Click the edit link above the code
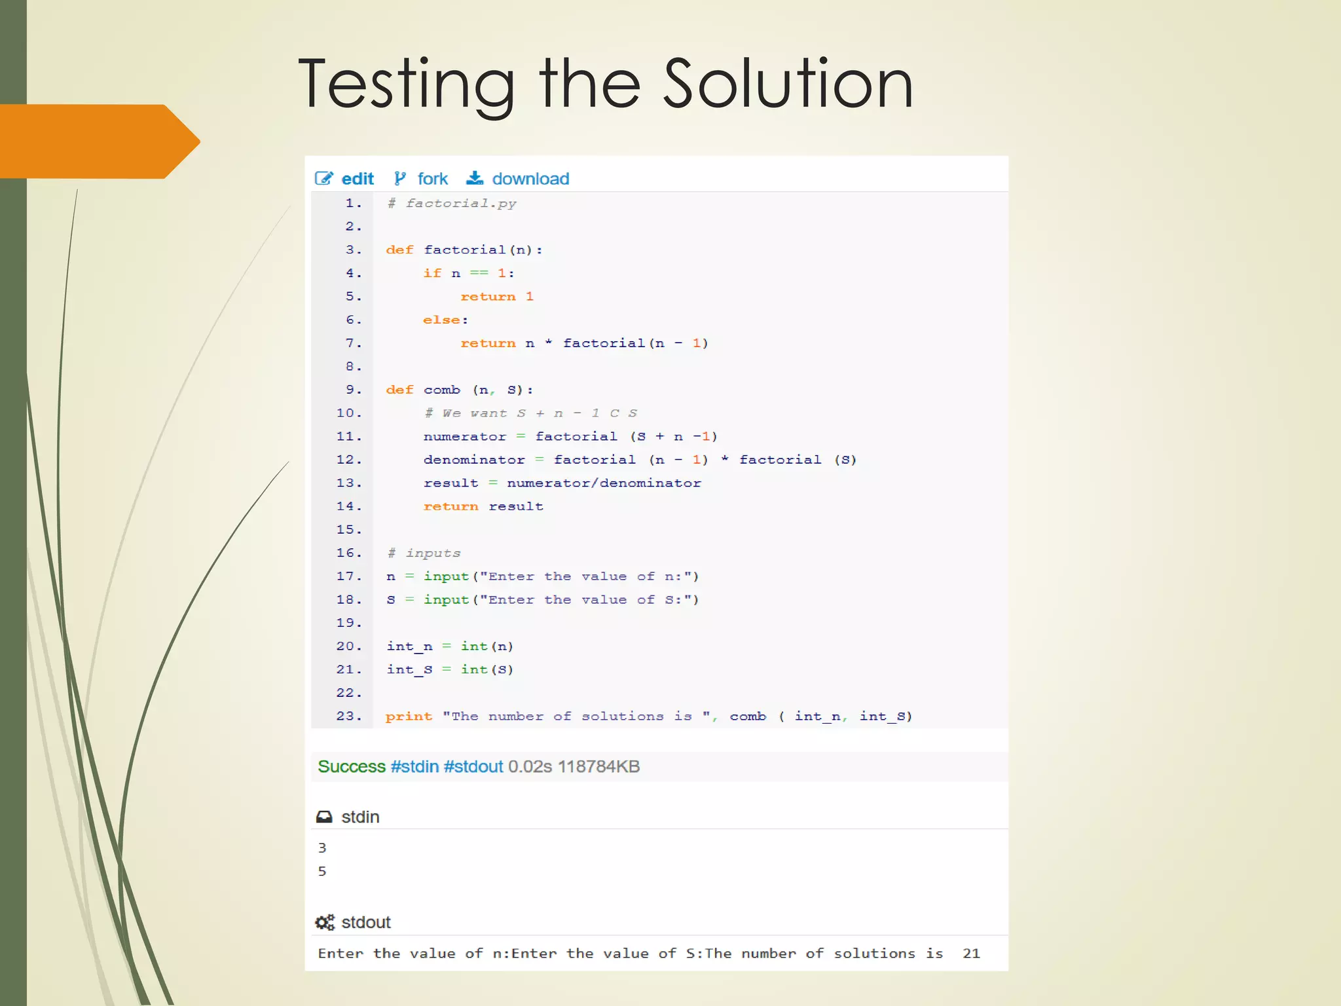[x=358, y=179]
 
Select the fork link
[x=432, y=179]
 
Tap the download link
[x=530, y=179]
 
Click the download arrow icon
[x=475, y=178]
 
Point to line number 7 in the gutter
[x=353, y=343]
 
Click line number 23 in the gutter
[x=349, y=716]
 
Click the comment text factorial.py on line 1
[x=461, y=203]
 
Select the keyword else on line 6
[x=441, y=320]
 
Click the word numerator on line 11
[x=465, y=436]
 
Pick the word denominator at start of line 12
[x=474, y=460]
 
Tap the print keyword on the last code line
[x=409, y=716]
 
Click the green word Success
[x=352, y=766]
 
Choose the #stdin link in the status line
[x=414, y=766]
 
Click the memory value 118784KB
[x=598, y=766]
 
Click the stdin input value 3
[x=322, y=848]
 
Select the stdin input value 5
[x=322, y=871]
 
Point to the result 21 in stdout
[x=971, y=953]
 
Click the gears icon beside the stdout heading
[x=325, y=922]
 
